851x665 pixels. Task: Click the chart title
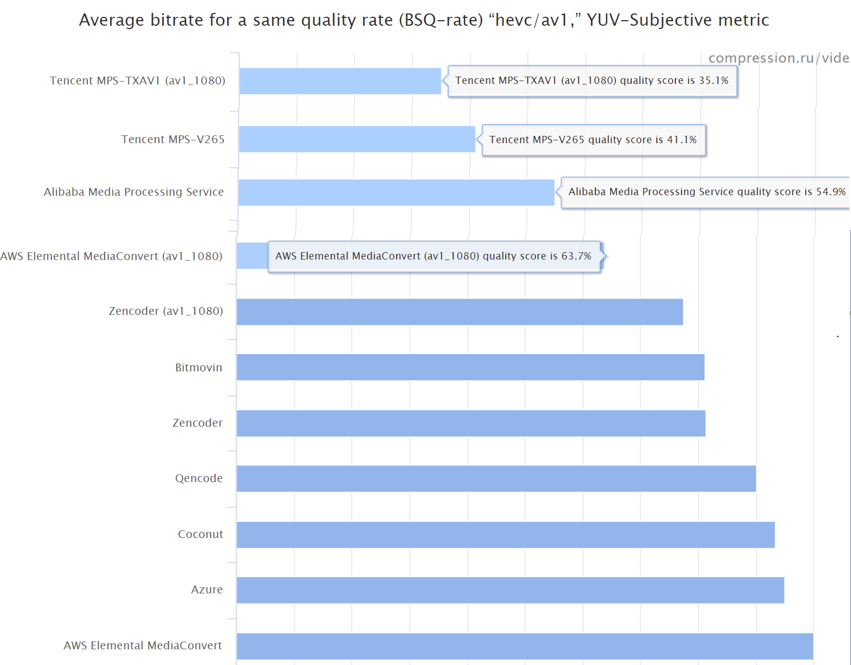pos(424,20)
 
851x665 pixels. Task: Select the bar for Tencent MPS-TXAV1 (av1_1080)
pos(340,81)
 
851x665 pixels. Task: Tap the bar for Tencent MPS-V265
pos(356,139)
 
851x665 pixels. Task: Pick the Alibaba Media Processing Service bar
pos(396,192)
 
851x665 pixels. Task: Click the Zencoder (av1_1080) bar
pos(459,312)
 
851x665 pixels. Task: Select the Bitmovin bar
pos(470,367)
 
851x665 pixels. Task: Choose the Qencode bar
pos(496,479)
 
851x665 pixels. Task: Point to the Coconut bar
pos(505,535)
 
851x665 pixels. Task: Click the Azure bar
pos(510,590)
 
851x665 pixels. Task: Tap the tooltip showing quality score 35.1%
pos(592,81)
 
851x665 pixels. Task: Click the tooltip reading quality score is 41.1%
pos(593,140)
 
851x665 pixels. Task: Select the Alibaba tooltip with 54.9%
pos(706,192)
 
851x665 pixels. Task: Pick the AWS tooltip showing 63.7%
pos(434,256)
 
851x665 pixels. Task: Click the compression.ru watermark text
pos(778,58)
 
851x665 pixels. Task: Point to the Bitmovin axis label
pos(199,367)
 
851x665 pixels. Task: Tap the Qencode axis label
pos(199,478)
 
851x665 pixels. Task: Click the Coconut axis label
pos(200,534)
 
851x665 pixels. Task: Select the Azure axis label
pos(206,589)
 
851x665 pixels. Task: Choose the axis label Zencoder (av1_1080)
pos(166,311)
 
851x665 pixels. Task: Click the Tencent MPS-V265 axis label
pos(173,139)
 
